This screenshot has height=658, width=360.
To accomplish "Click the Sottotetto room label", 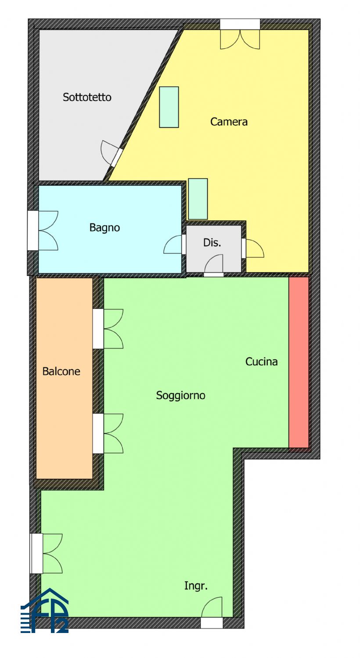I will pyautogui.click(x=87, y=97).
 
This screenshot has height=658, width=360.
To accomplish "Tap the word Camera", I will pyautogui.click(x=229, y=122).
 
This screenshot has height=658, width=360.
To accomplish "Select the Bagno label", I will pyautogui.click(x=104, y=227).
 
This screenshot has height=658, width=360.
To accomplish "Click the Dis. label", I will pyautogui.click(x=212, y=242).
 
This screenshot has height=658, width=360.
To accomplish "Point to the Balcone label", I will pyautogui.click(x=61, y=371).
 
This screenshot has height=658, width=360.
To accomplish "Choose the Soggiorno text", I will pyautogui.click(x=180, y=395).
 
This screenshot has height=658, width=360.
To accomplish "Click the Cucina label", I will pyautogui.click(x=261, y=361).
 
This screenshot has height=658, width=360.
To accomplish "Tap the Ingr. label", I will pyautogui.click(x=195, y=586).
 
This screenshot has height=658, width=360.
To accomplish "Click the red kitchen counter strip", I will pyautogui.click(x=299, y=362).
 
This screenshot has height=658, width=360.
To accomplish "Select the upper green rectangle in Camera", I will pyautogui.click(x=169, y=107).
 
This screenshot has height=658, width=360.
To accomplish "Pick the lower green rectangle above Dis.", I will pyautogui.click(x=198, y=199).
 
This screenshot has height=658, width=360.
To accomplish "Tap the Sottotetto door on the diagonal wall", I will pyautogui.click(x=112, y=153).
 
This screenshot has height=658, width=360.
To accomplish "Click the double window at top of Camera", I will pyautogui.click(x=240, y=35).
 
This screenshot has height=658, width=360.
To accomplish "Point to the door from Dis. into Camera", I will pyautogui.click(x=251, y=248).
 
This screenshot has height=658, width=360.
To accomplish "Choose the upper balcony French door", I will pyautogui.click(x=108, y=329).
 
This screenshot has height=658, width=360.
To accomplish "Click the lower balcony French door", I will pyautogui.click(x=108, y=433).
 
